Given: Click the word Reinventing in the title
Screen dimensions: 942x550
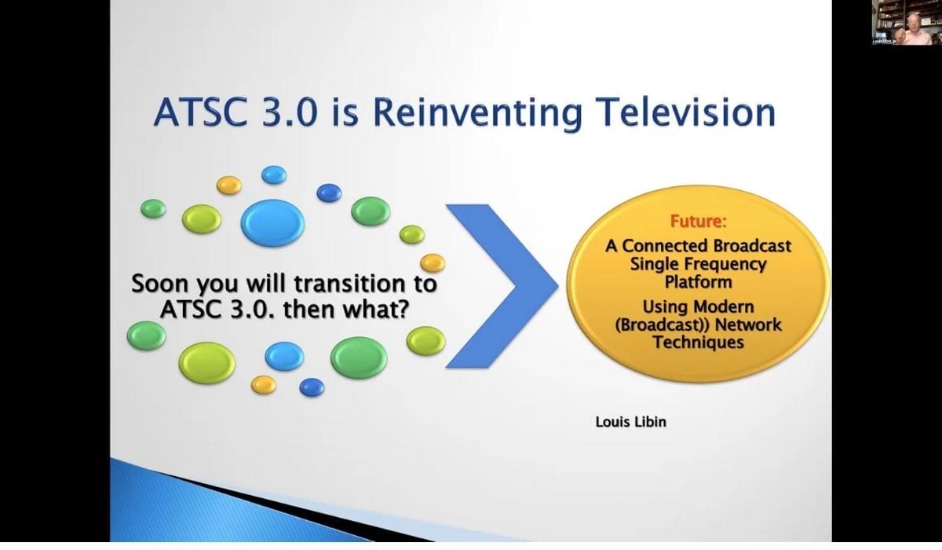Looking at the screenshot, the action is (477, 113).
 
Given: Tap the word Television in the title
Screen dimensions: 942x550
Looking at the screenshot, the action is (685, 112).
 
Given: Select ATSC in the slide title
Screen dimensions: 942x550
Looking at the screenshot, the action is (202, 112).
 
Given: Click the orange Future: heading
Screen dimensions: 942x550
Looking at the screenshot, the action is (698, 222).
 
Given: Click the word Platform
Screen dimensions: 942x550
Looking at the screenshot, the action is (698, 282).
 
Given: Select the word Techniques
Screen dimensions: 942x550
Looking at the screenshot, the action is (698, 342).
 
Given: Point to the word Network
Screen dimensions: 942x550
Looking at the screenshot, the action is (749, 324).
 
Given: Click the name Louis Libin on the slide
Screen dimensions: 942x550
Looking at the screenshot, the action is (631, 422).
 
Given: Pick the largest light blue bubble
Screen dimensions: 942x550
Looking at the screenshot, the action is (272, 222).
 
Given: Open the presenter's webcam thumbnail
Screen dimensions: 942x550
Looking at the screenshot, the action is (906, 22).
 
